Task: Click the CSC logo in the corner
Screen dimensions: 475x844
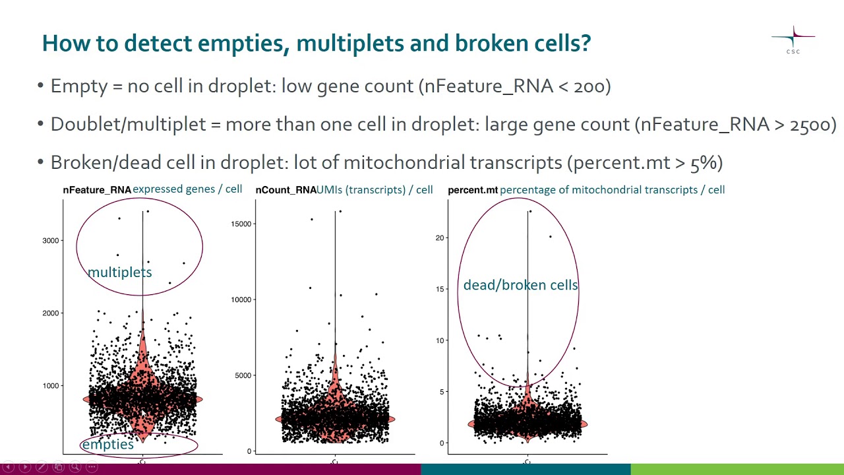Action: click(793, 41)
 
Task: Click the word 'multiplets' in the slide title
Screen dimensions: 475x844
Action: click(349, 44)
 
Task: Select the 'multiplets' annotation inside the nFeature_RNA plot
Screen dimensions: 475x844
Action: click(119, 272)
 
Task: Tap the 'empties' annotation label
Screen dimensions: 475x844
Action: click(107, 445)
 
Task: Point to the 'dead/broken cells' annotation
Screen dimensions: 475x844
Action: click(520, 285)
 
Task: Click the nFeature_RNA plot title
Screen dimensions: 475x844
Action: click(97, 190)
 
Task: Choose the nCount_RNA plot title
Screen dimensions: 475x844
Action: click(286, 190)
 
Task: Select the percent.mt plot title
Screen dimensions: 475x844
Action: click(472, 190)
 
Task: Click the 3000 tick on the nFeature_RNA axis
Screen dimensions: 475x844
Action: click(51, 241)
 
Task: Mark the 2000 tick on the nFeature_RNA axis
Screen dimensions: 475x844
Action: click(51, 313)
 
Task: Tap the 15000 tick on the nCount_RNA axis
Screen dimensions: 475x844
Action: click(241, 224)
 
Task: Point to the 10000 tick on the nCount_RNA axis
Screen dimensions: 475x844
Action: click(241, 300)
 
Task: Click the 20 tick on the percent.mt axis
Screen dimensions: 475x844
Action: click(440, 237)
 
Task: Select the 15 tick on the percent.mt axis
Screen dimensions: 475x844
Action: click(440, 289)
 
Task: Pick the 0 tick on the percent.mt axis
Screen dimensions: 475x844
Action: click(442, 443)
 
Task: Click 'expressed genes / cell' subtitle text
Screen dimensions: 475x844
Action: click(187, 189)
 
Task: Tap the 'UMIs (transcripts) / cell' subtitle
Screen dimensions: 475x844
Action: click(375, 190)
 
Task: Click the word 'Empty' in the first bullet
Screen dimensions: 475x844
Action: click(78, 86)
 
